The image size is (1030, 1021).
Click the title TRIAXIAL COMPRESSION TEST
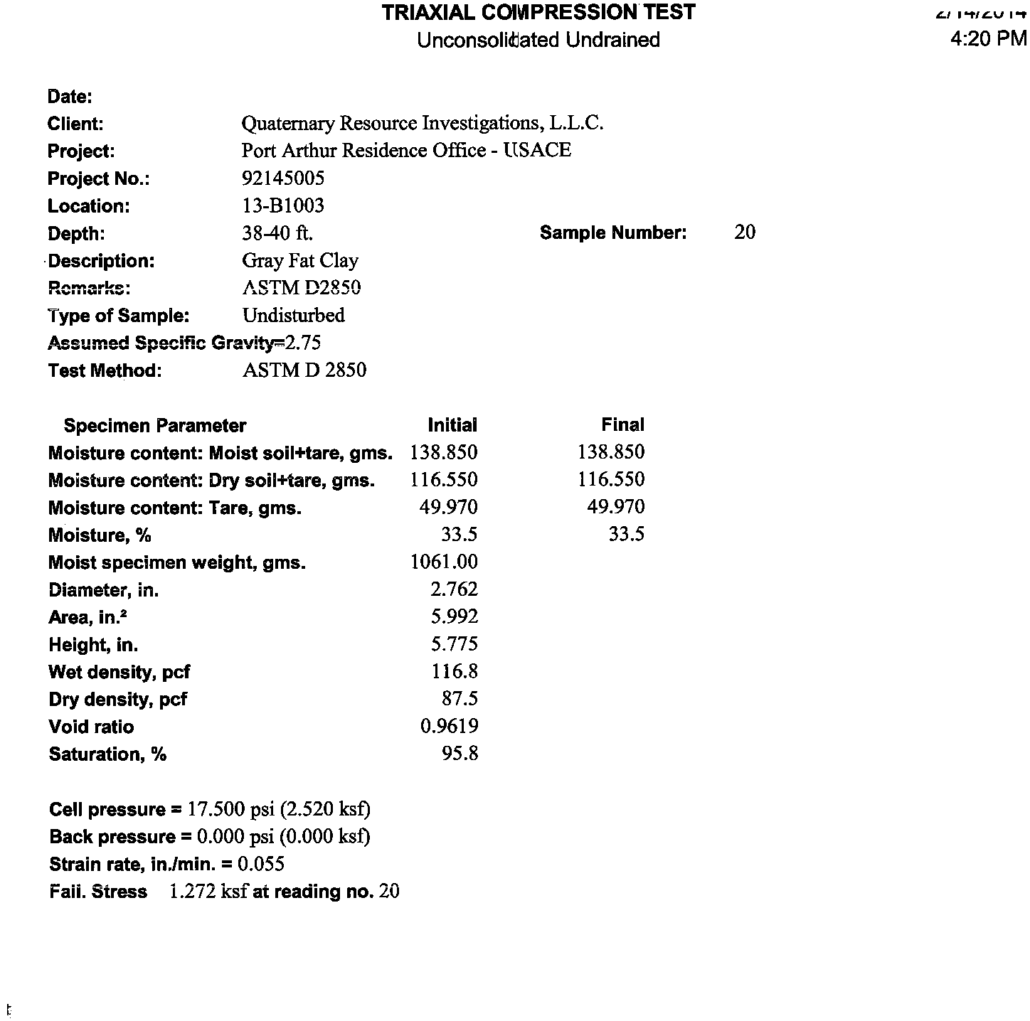538,12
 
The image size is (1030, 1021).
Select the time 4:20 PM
988,38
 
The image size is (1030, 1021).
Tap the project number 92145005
283,178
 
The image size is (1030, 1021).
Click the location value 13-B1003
283,205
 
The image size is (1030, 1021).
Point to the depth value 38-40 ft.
277,232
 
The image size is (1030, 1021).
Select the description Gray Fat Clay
300,260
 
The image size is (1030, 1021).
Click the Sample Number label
613,232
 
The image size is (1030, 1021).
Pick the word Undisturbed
294,315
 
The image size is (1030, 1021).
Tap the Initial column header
452,425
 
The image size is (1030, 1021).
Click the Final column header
622,424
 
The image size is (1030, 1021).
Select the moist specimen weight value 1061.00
445,562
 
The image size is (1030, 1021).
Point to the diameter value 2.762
455,589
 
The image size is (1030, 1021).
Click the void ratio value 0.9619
450,726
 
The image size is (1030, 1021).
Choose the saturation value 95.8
460,753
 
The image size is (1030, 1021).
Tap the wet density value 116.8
455,671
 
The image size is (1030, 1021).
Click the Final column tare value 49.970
616,506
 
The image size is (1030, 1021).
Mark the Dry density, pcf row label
118,699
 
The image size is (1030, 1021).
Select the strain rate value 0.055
261,864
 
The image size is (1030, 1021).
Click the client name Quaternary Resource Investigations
423,123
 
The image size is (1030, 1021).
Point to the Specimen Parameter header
155,425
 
